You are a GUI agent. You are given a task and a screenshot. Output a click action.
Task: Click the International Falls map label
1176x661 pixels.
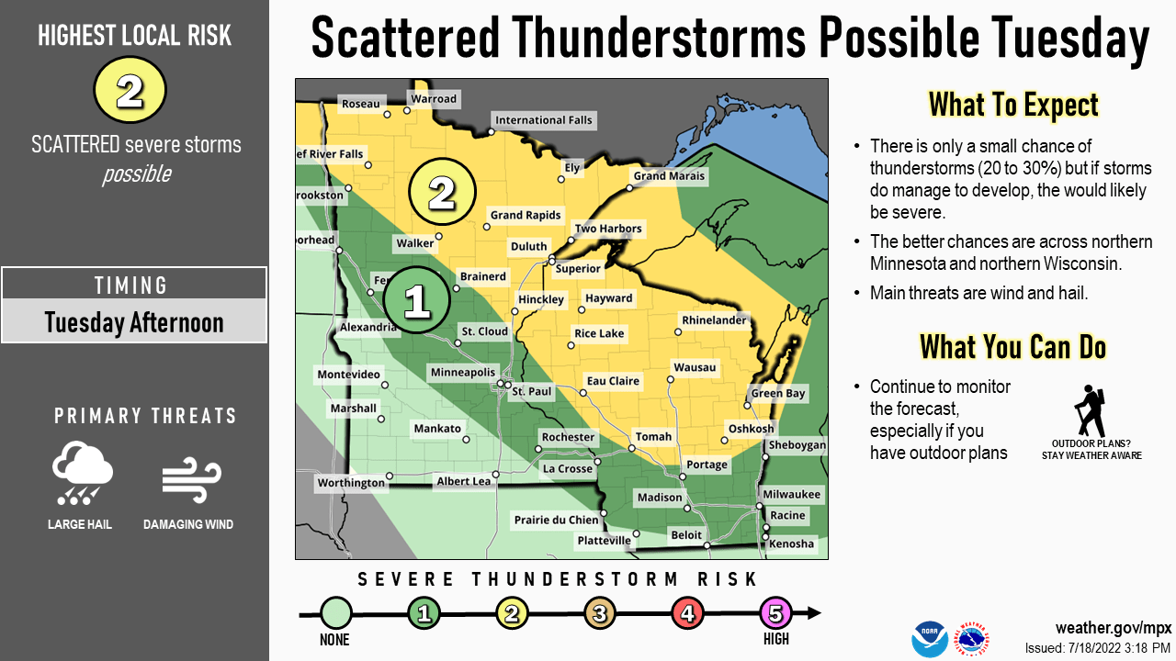543,120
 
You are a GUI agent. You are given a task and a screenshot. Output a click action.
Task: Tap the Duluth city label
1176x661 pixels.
528,246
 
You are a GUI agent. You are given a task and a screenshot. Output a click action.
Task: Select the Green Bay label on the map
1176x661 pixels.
778,394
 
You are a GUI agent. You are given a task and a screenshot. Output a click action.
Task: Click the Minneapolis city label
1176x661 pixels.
463,373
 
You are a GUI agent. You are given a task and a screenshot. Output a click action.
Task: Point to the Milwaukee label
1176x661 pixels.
791,494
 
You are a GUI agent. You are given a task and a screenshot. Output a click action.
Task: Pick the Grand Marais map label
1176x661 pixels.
669,176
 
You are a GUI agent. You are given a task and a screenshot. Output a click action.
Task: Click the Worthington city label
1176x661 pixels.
351,483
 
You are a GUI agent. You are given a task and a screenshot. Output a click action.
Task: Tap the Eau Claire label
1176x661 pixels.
613,381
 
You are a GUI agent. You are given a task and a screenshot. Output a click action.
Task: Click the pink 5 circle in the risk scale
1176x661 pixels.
776,613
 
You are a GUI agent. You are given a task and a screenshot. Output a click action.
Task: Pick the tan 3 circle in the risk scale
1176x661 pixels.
600,613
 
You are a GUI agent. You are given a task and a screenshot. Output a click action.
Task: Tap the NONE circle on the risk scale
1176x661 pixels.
336,613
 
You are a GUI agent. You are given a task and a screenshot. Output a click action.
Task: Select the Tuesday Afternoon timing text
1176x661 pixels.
134,323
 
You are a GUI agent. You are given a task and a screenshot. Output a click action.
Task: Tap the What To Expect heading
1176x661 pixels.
1012,105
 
